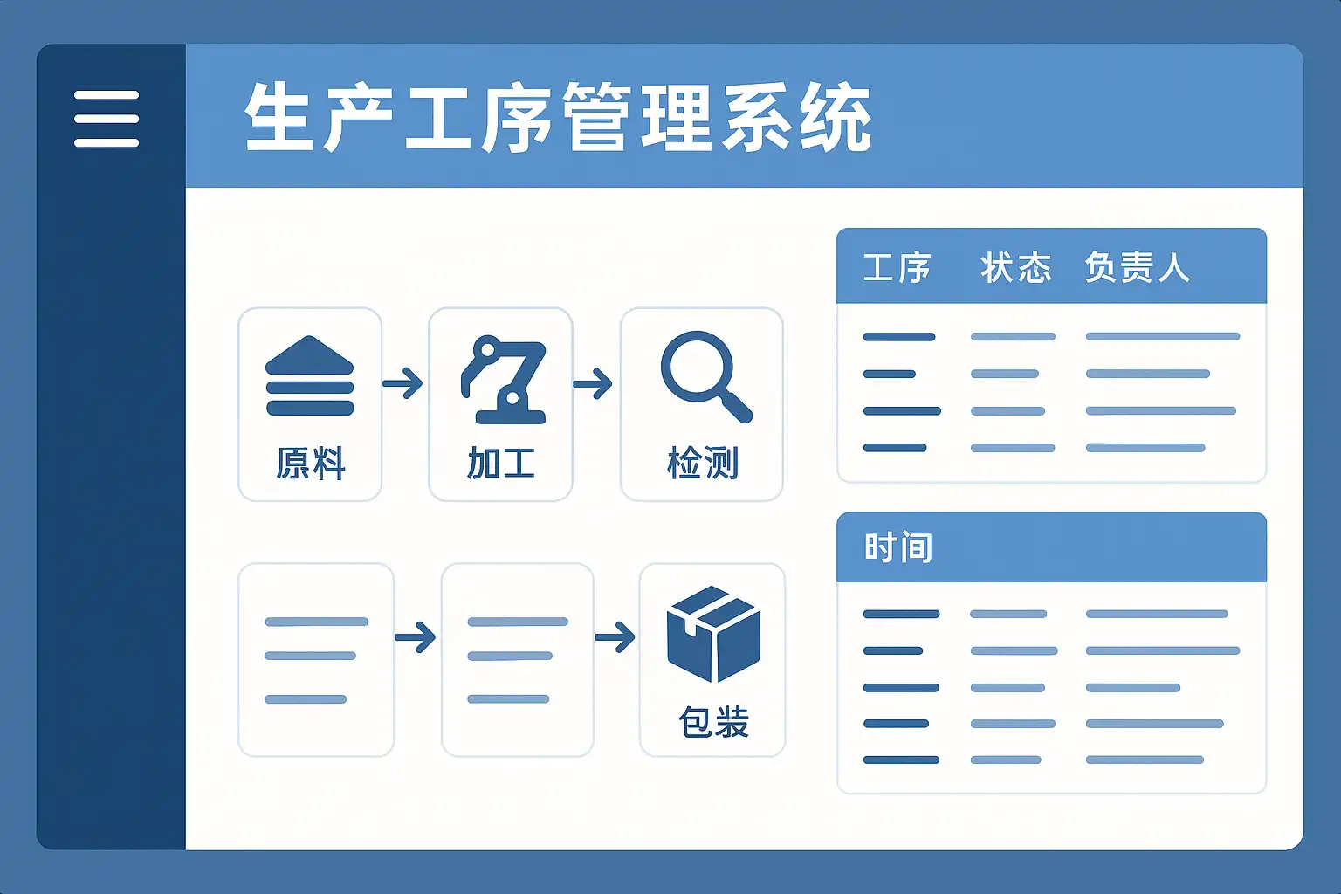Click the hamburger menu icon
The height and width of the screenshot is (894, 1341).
[x=107, y=119]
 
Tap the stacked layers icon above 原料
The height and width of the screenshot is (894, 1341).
[x=310, y=375]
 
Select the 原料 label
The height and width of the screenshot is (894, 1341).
[x=311, y=463]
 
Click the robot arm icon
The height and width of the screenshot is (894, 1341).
[x=504, y=380]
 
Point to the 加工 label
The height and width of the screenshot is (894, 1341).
[x=500, y=463]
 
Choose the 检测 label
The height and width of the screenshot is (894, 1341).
[x=703, y=463]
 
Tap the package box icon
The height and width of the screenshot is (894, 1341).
[x=713, y=633]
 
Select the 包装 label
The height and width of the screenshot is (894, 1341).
[x=713, y=723]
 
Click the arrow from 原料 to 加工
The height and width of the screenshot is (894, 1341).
[x=403, y=382]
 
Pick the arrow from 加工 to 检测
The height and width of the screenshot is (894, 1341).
[x=594, y=382]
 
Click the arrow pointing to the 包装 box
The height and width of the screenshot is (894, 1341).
[x=615, y=636]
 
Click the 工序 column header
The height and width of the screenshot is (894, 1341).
[x=897, y=267]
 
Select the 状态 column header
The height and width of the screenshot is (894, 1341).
[x=1015, y=267]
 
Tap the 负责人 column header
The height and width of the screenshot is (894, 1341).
[x=1137, y=267]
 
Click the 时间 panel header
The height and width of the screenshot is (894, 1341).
[x=898, y=548]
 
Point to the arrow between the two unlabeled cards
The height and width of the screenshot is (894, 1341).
[x=416, y=636]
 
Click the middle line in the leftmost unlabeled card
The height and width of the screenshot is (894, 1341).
[x=310, y=656]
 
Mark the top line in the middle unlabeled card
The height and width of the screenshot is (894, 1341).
[x=518, y=622]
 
